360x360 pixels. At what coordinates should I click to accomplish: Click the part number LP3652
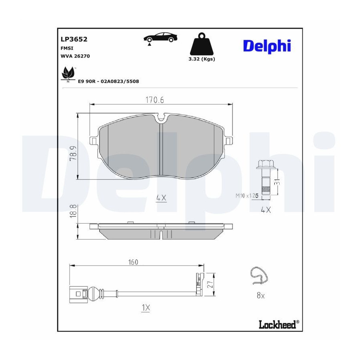tap(74, 39)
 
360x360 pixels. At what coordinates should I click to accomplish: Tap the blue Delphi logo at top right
tap(267, 46)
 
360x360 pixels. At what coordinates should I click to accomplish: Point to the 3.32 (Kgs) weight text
tap(202, 59)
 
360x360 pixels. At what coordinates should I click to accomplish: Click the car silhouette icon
tap(160, 38)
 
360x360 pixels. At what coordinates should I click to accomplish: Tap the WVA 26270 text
tap(75, 56)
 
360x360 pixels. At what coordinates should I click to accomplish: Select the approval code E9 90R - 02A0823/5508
tap(108, 81)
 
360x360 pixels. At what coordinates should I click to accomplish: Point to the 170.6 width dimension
tap(155, 100)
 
